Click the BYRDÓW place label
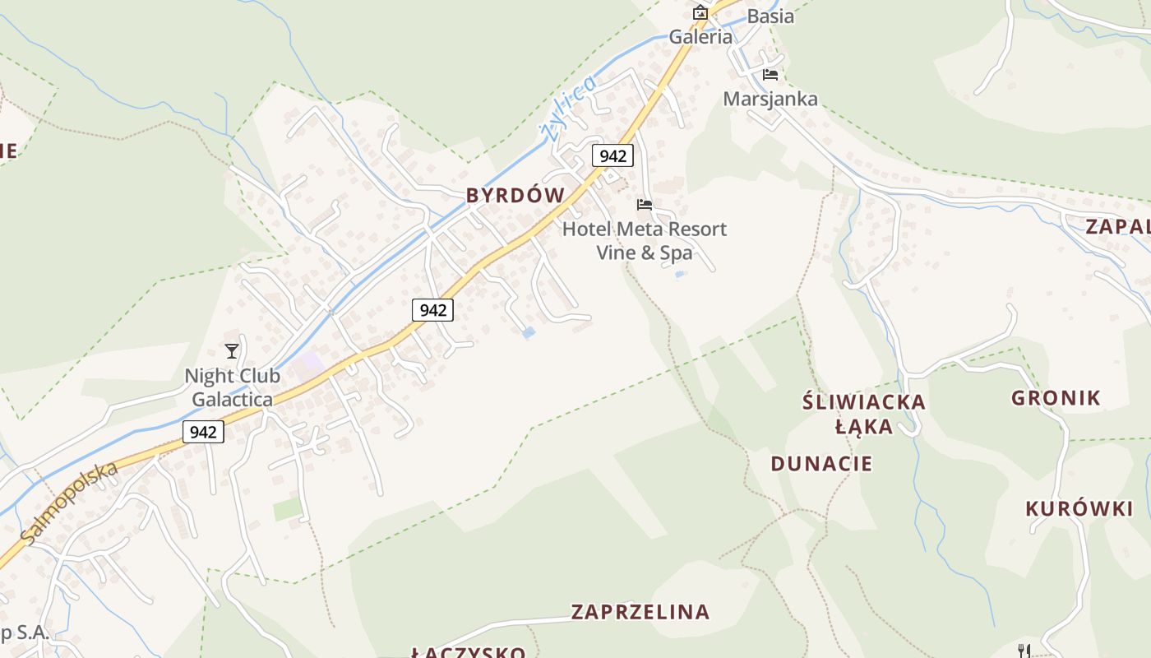[x=515, y=196]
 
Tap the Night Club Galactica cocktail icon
[x=232, y=351]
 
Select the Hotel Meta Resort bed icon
[x=645, y=204]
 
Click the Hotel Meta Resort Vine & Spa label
[x=645, y=240]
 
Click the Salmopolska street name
[x=71, y=503]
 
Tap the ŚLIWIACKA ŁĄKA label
[x=863, y=414]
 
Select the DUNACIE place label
[x=821, y=463]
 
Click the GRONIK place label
[x=1056, y=398]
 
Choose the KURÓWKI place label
[x=1079, y=509]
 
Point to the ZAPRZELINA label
[x=640, y=612]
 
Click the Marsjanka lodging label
[x=770, y=100]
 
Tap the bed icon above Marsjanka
[x=770, y=74]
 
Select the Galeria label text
[x=700, y=37]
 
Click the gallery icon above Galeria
[x=700, y=12]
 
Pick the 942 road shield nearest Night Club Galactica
[x=203, y=432]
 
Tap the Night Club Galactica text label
[x=232, y=387]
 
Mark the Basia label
[x=770, y=16]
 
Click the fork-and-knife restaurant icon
[x=1024, y=651]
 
